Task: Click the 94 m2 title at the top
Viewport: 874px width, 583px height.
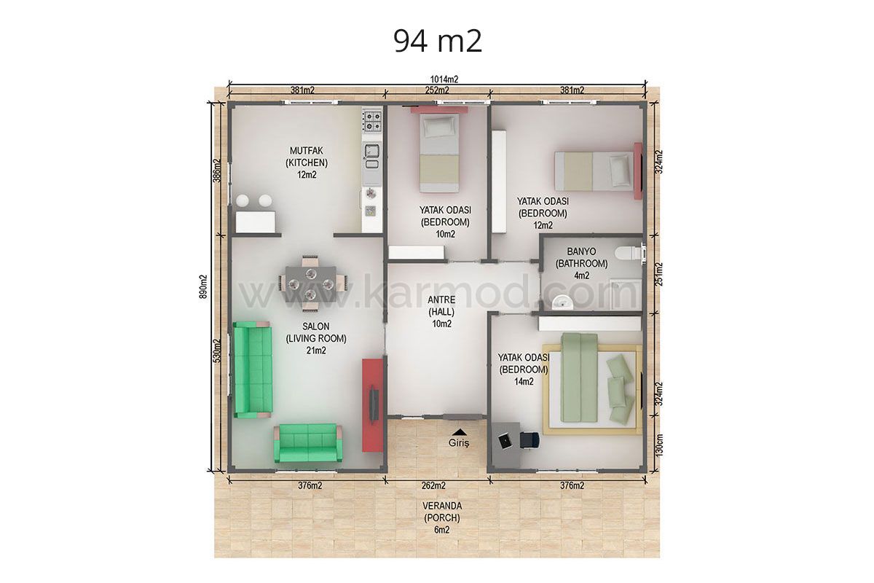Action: pos(438,41)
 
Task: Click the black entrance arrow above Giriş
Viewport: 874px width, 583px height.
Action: pos(460,432)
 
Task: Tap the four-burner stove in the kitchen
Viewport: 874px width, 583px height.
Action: pos(372,121)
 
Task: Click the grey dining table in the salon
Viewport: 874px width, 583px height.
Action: pos(311,284)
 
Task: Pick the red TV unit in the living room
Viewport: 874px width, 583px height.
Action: pos(373,405)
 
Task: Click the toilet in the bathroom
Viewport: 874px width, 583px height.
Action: pos(628,253)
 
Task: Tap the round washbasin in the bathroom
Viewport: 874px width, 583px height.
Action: pos(562,302)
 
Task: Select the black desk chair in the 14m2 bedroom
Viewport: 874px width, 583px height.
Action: pos(529,439)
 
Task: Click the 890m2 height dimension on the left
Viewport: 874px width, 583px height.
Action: pos(203,286)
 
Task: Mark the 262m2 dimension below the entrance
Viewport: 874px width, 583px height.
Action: pos(433,485)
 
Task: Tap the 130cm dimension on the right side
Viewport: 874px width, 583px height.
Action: pos(659,445)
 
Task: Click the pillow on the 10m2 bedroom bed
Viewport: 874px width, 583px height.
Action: pos(439,127)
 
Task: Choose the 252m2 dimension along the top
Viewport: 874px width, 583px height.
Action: pos(437,90)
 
